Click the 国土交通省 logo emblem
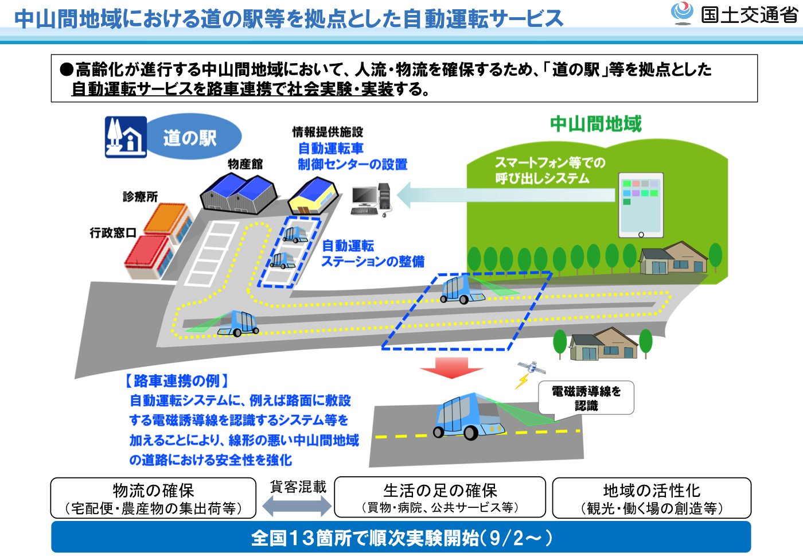(681, 13)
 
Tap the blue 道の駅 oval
(194, 137)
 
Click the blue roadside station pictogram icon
(126, 137)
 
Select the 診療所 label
(140, 197)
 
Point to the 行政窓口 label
(113, 233)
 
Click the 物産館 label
(245, 164)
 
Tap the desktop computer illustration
(371, 200)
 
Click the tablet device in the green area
(641, 205)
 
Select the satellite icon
(532, 368)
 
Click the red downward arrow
(452, 368)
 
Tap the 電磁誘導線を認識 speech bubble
(586, 398)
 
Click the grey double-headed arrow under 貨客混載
(297, 506)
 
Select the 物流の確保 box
(154, 498)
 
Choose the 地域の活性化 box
(652, 498)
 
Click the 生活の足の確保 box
(441, 497)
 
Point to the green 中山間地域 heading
(596, 124)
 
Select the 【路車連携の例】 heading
(177, 381)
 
